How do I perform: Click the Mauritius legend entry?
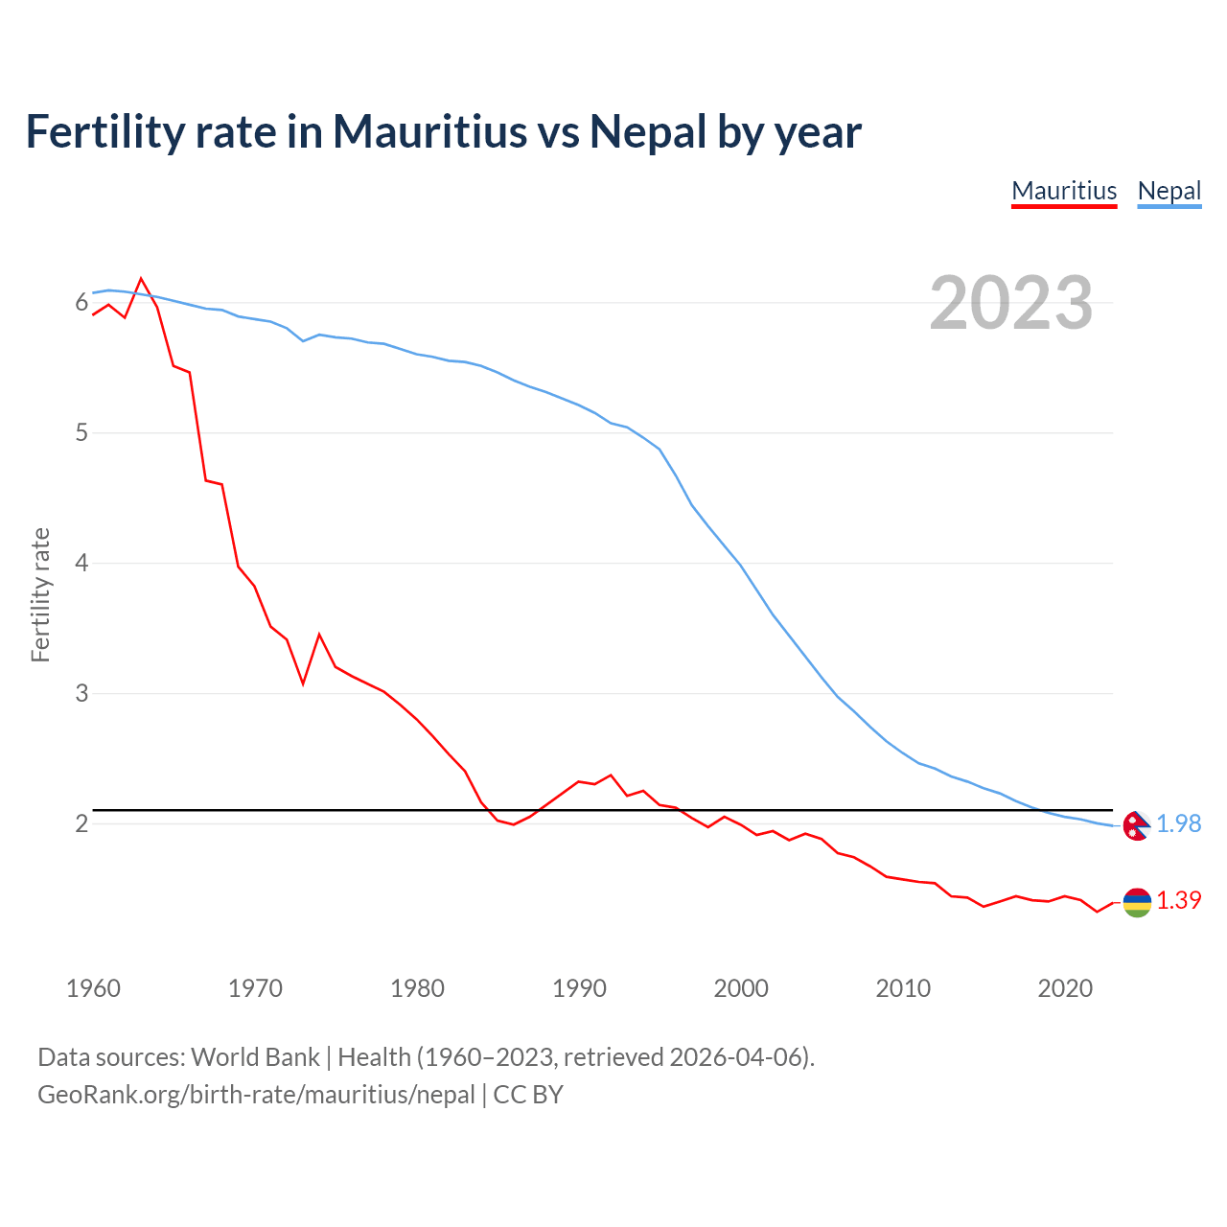pyautogui.click(x=1064, y=191)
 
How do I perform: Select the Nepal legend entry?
pyautogui.click(x=1169, y=191)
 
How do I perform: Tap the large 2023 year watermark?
pyautogui.click(x=1011, y=303)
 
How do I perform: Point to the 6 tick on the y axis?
pyautogui.click(x=81, y=303)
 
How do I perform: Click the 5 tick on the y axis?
pyautogui.click(x=81, y=433)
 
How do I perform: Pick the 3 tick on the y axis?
pyautogui.click(x=81, y=693)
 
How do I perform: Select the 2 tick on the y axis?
pyautogui.click(x=81, y=823)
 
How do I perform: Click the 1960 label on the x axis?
pyautogui.click(x=93, y=988)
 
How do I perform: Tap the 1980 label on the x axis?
pyautogui.click(x=417, y=988)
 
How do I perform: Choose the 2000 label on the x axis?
pyautogui.click(x=741, y=988)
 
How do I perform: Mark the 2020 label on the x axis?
pyautogui.click(x=1065, y=988)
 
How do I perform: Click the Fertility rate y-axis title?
pyautogui.click(x=40, y=594)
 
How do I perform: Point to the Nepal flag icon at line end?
pyautogui.click(x=1136, y=825)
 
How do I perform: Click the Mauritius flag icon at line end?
pyautogui.click(x=1136, y=902)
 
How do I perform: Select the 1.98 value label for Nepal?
pyautogui.click(x=1178, y=824)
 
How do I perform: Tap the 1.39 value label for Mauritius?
pyautogui.click(x=1178, y=901)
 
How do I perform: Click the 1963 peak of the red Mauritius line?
pyautogui.click(x=141, y=279)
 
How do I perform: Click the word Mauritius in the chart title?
pyautogui.click(x=430, y=131)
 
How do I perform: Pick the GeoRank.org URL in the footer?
pyautogui.click(x=256, y=1095)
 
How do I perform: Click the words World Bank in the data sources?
pyautogui.click(x=255, y=1057)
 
